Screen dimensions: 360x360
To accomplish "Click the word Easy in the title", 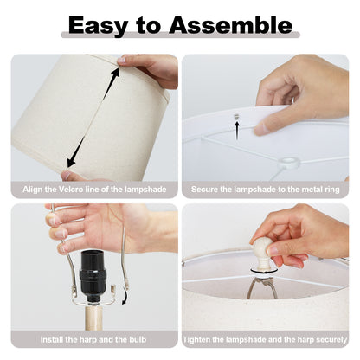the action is coord(98,25).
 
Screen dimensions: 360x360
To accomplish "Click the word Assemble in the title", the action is coord(231,25).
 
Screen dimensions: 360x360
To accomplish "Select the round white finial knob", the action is coord(263,252).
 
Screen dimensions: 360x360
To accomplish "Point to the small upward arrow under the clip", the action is coord(237,131).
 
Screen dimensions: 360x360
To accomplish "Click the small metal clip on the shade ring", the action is coord(237,117).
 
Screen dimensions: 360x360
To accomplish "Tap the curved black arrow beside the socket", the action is coord(125,294).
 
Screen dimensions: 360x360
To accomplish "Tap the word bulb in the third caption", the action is coord(138,339).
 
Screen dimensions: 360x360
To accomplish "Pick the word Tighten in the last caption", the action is coord(197,340).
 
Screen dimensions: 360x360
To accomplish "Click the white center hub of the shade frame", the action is coord(289,163).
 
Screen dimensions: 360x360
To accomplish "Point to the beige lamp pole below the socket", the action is coord(93,318).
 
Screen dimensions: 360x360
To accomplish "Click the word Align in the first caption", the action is coord(33,190).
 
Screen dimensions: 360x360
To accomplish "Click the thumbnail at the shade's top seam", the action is coord(121,61).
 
